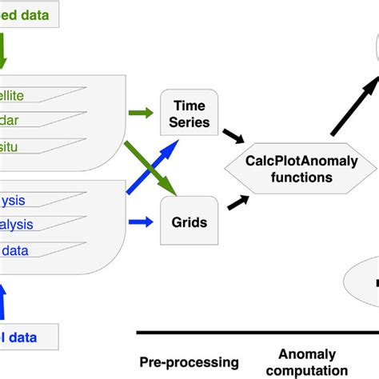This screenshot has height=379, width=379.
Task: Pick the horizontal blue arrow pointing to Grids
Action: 142,221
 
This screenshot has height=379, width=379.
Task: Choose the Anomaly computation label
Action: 307,362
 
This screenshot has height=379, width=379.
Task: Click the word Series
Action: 190,122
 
